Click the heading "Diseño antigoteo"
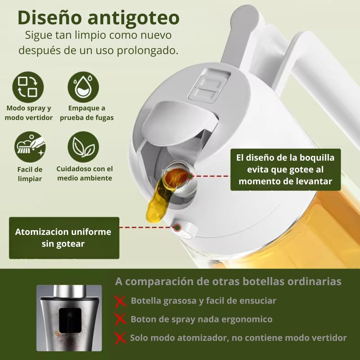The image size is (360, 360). tap(99, 18)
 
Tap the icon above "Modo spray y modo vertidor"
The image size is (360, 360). tap(28, 87)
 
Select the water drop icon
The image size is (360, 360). tap(83, 87)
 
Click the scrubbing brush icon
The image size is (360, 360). tap(30, 147)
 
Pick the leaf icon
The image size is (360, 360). tap(83, 147)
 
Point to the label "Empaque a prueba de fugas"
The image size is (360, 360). tap(86, 113)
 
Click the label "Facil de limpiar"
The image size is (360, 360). tap(30, 174)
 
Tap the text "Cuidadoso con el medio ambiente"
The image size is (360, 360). tap(85, 173)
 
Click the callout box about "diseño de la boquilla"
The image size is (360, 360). tap(285, 169)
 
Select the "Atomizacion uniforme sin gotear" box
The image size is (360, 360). tap(64, 238)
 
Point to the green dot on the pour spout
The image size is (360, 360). tap(190, 176)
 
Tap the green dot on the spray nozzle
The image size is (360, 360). tap(177, 228)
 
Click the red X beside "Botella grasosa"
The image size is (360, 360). tap(121, 301)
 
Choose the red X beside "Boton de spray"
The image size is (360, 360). tap(121, 319)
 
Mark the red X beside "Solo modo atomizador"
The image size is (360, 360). tap(121, 338)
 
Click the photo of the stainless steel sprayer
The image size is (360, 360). tap(69, 318)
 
